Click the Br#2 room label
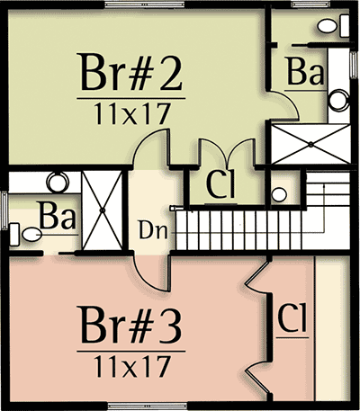point(130,72)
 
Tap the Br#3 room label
point(130,325)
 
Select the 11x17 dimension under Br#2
point(132,113)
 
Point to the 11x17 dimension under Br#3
point(132,367)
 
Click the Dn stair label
point(152,230)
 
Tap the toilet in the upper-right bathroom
point(333,26)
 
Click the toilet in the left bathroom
point(25,235)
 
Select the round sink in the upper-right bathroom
point(339,100)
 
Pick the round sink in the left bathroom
point(58,183)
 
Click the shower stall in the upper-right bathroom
point(310,145)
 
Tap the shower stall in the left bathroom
point(103,210)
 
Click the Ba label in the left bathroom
point(57,216)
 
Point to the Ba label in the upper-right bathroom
point(305,71)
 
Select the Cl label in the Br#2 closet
point(220,184)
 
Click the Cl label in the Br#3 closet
point(292,317)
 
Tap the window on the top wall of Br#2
point(144,4)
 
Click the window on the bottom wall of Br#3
point(148,407)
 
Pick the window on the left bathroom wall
point(4,210)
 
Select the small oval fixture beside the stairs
point(279,195)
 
